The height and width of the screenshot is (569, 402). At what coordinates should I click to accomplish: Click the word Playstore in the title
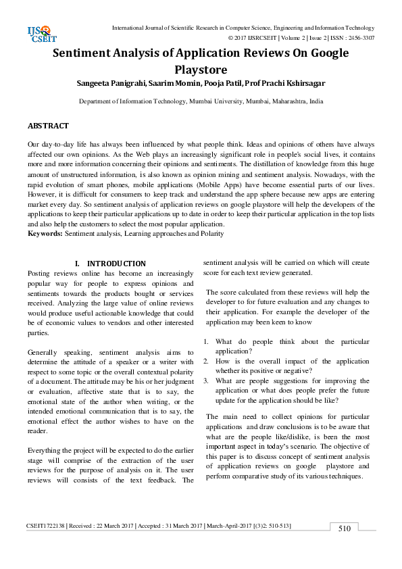pyautogui.click(x=201, y=69)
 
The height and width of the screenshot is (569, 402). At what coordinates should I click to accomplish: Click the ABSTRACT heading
pyautogui.click(x=48, y=126)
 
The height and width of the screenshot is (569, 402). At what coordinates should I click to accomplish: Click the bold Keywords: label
pyautogui.click(x=45, y=233)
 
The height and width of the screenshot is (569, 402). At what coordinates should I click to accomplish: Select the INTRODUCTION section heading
pyautogui.click(x=116, y=264)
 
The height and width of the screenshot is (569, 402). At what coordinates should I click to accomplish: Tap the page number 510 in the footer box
pyautogui.click(x=345, y=528)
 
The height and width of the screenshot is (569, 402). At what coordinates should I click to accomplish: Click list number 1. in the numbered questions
pyautogui.click(x=207, y=342)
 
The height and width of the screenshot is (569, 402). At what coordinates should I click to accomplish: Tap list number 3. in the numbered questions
pyautogui.click(x=207, y=381)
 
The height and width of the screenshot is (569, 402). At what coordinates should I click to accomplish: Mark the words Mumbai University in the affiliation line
pyautogui.click(x=216, y=101)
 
